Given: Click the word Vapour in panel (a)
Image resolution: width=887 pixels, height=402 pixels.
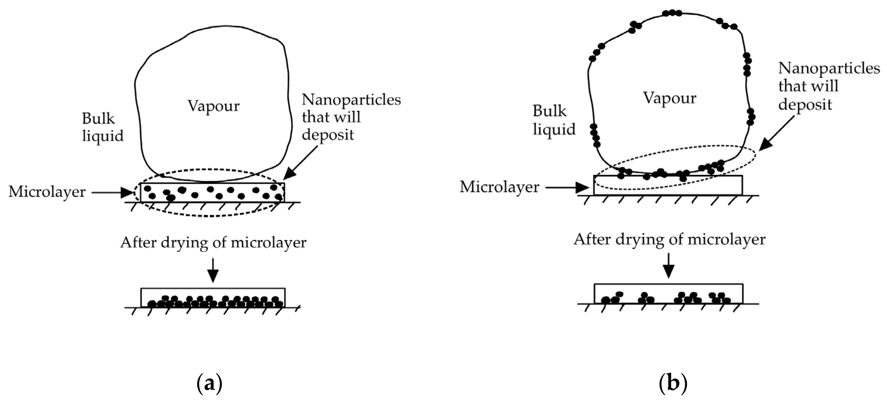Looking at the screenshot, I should pyautogui.click(x=214, y=105).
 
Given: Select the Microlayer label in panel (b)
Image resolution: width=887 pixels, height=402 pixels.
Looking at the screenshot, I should pyautogui.click(x=499, y=187).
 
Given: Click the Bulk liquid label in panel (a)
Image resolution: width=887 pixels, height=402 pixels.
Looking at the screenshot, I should pyautogui.click(x=102, y=127).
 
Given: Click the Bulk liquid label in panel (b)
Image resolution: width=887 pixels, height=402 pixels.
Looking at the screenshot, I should pyautogui.click(x=554, y=120).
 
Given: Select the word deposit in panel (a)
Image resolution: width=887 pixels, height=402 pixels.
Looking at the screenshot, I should pyautogui.click(x=327, y=135).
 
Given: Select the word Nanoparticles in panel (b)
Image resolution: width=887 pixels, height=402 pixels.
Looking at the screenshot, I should pyautogui.click(x=829, y=68).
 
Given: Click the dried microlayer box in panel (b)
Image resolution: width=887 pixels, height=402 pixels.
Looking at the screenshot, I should pyautogui.click(x=668, y=293).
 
